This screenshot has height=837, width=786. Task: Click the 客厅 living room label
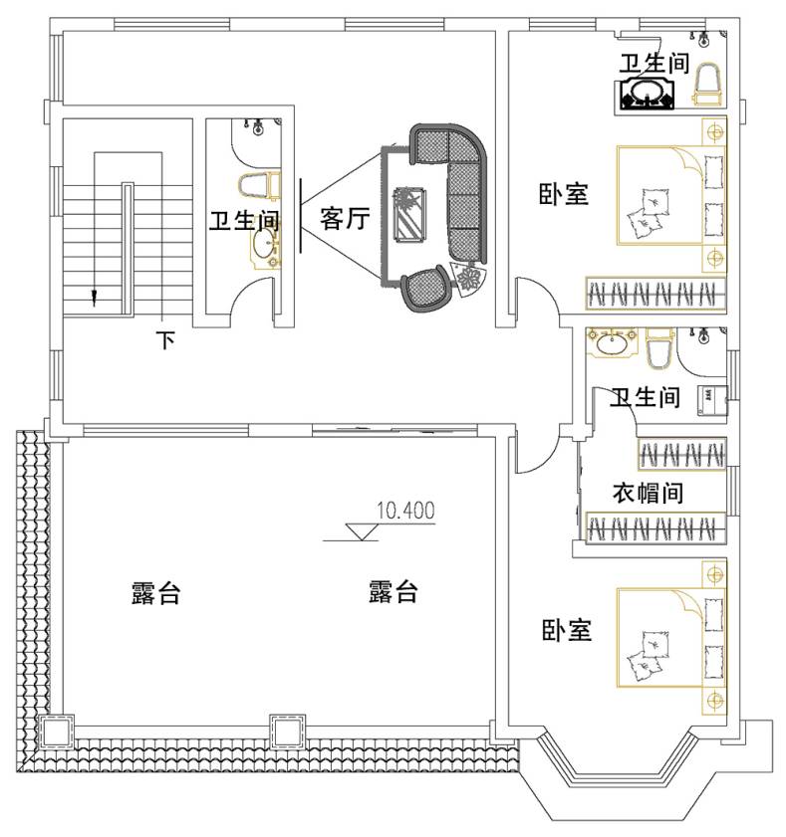345,218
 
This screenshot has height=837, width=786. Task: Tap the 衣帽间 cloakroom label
648,493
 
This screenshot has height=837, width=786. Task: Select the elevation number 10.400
405,511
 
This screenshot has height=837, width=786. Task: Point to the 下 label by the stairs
166,340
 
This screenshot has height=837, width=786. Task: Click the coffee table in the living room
409,214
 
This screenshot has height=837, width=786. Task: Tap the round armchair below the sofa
425,288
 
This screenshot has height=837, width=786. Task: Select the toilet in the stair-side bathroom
260,186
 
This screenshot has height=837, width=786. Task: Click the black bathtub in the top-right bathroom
648,94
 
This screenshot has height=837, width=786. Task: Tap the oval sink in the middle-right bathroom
612,343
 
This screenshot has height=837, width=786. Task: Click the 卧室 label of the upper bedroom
563,194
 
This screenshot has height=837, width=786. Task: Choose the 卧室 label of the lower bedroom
567,630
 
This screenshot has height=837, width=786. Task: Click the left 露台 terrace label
156,592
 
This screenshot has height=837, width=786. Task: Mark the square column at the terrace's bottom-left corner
56,731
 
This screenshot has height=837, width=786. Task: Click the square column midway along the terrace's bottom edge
288,732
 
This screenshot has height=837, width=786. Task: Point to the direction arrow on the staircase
95,297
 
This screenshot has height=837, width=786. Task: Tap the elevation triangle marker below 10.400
362,532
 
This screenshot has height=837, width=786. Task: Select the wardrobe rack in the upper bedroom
655,293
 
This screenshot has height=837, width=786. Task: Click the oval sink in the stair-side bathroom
265,246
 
